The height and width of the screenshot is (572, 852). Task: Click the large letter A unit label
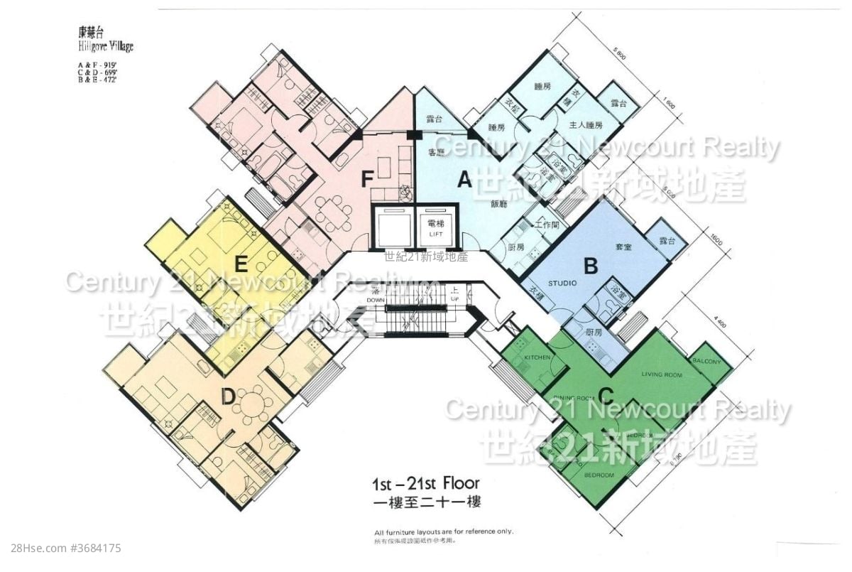tap(464, 180)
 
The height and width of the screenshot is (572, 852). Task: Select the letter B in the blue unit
tap(590, 266)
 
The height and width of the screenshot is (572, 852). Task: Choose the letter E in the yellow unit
tap(241, 266)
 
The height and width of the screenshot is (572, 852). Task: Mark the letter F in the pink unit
tap(366, 179)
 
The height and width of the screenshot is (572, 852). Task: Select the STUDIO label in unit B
tap(563, 283)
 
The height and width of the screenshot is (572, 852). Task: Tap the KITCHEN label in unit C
tap(537, 357)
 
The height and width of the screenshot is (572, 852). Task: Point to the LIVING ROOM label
tap(662, 374)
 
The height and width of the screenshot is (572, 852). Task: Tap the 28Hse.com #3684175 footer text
tap(62, 549)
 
